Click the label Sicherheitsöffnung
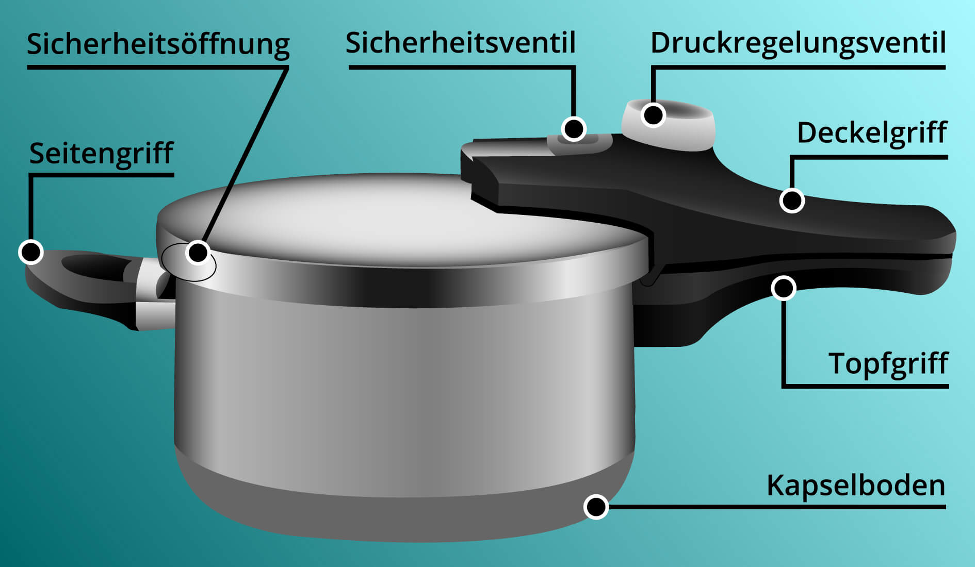pos(158,44)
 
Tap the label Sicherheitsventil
pos(460,43)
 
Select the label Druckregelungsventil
pos(798,43)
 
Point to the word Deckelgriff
pos(872,133)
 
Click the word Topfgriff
pos(888,363)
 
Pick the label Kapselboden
pos(856,486)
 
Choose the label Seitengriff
pos(101,153)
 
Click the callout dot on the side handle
pos(30,252)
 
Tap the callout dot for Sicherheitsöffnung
pos(198,253)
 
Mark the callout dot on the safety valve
pos(574,128)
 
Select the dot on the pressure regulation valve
pos(653,114)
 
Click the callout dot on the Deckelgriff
pos(792,201)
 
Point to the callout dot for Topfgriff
pos(783,288)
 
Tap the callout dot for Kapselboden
pos(596,507)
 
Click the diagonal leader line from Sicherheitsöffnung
pos(242,160)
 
